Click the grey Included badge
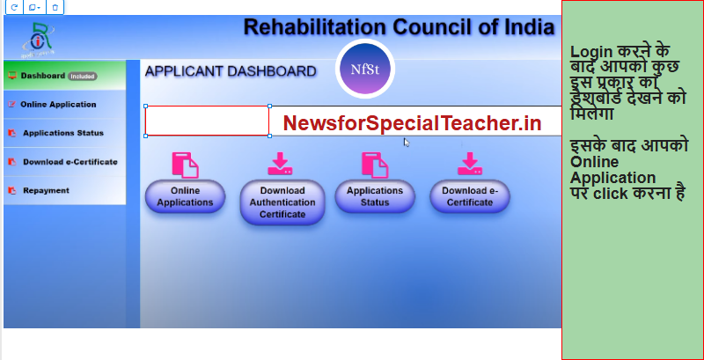point(83,77)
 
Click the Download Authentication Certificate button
point(282,202)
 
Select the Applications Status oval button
point(375,196)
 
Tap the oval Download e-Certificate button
point(470,196)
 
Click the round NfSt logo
point(365,70)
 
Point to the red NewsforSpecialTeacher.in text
point(412,123)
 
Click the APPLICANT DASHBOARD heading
point(231,71)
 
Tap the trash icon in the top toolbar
point(55,7)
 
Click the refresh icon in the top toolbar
point(14,7)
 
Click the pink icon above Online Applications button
point(185,165)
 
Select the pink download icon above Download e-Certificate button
point(470,164)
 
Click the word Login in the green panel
point(591,52)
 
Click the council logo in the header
point(38,40)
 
